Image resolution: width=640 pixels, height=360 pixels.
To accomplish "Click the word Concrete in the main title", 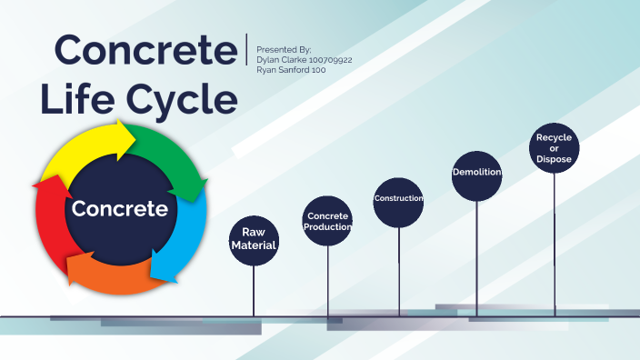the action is click(x=144, y=51).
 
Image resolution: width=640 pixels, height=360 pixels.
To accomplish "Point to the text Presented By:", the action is click(x=284, y=49).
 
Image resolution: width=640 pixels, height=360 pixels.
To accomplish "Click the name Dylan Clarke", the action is click(x=281, y=59).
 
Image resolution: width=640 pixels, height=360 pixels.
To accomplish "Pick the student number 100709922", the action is click(x=329, y=59).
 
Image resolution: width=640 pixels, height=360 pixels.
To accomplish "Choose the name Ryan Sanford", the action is click(x=283, y=70).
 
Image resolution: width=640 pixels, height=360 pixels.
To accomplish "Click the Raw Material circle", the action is click(x=253, y=239).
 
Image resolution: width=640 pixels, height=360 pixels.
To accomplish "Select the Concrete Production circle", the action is click(x=328, y=221).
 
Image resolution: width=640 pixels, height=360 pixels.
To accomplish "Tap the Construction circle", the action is click(x=399, y=198).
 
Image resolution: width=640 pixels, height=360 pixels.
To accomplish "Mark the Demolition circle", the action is click(x=477, y=173).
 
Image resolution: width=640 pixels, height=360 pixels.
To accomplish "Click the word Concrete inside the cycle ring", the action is click(x=120, y=208).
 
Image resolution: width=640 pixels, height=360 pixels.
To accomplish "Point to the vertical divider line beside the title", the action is click(x=246, y=49).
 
